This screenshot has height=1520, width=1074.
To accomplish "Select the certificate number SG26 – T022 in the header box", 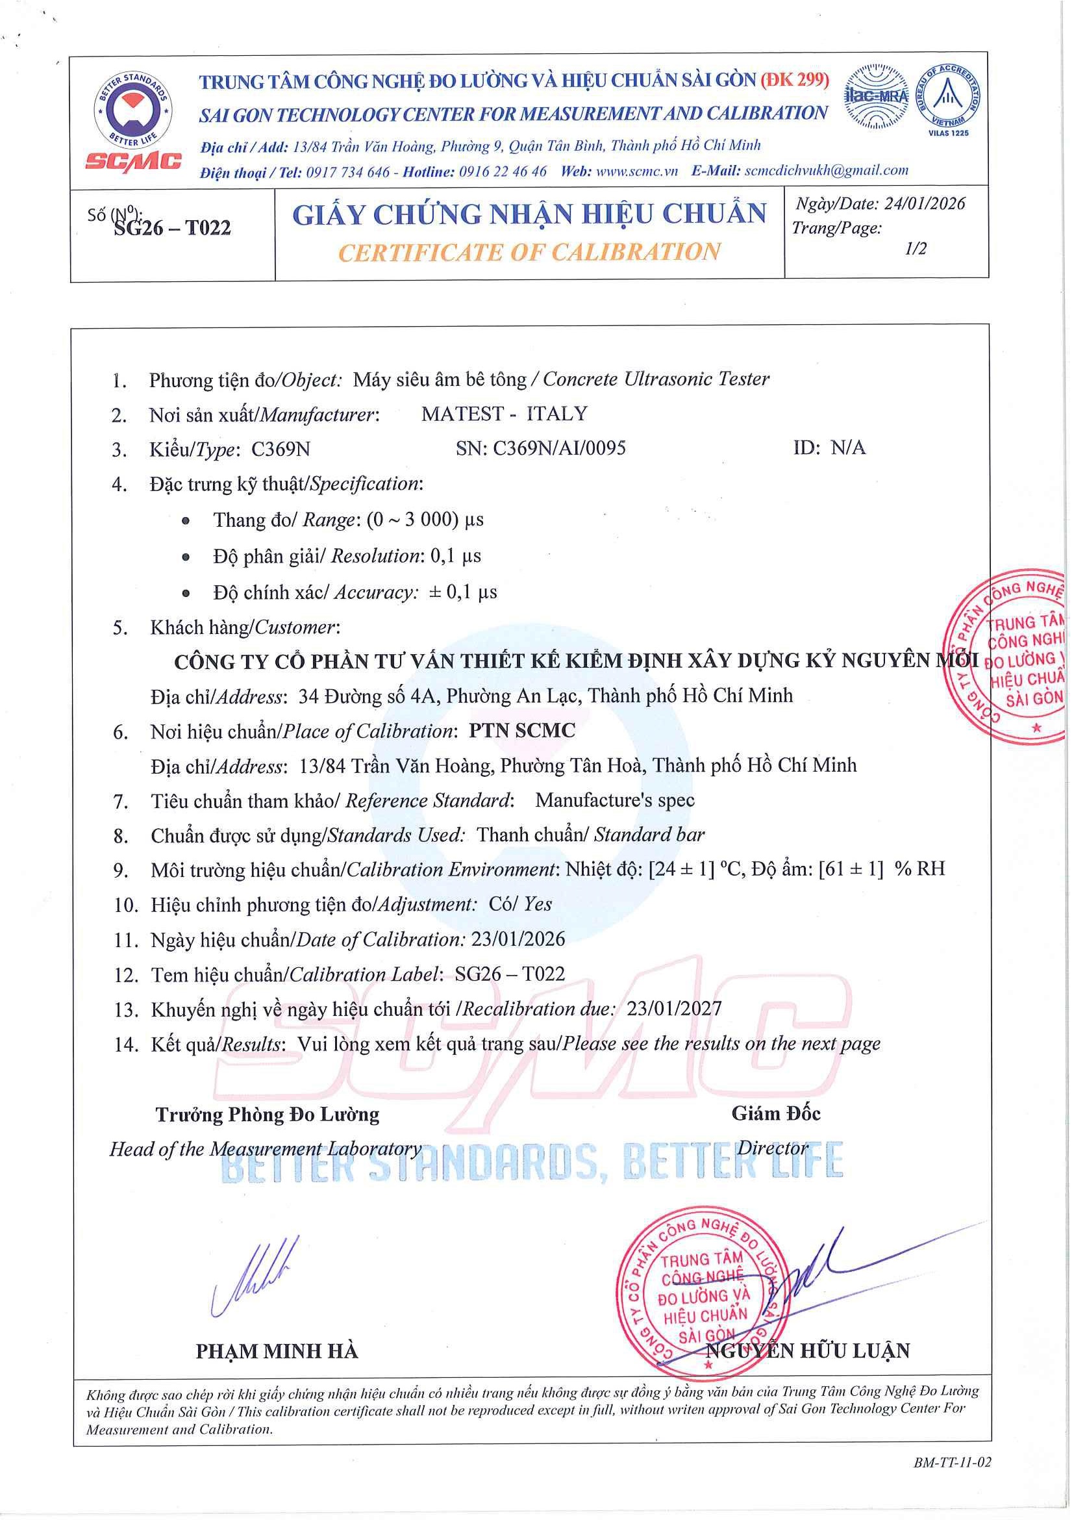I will coord(172,228).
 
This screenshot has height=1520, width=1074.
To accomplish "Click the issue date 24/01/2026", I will coord(925,203).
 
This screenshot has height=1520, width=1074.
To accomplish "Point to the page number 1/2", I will coord(915,248).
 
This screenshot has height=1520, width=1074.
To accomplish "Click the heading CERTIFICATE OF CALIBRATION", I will coord(529,252).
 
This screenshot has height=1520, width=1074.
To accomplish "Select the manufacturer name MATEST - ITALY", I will coord(505,414).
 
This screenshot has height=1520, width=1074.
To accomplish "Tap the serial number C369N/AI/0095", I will coord(559,448).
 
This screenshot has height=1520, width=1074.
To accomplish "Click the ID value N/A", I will coord(848,448).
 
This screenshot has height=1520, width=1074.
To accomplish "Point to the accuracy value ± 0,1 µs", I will coord(463,592).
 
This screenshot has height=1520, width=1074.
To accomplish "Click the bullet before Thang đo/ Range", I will coord(186,521).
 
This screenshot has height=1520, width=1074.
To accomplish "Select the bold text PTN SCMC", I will coord(522,730).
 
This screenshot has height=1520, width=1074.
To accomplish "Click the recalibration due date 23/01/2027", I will coord(674,1008).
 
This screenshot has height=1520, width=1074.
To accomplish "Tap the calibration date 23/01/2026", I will coord(518,939).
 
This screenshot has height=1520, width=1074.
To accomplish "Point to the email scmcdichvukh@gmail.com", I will coord(827,170).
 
